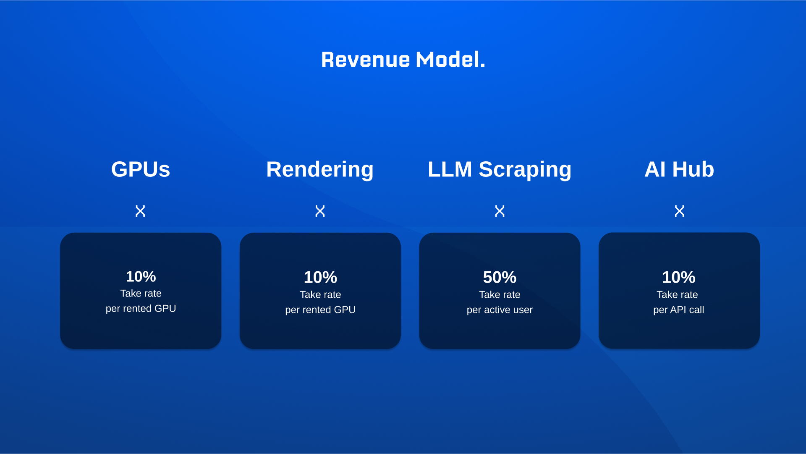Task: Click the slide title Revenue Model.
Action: [403, 60]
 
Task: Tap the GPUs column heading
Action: [141, 169]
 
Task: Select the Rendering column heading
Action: [320, 170]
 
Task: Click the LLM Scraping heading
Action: [500, 170]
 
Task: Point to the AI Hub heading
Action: [679, 169]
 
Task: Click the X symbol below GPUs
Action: [140, 211]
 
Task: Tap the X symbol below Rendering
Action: [320, 211]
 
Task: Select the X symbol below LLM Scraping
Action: [500, 211]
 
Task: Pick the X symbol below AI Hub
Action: [679, 211]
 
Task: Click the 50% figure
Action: [500, 277]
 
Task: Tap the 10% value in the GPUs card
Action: [141, 276]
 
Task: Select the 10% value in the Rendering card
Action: [320, 277]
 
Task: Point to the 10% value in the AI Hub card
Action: [679, 277]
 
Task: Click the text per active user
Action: [500, 310]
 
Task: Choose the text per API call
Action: [679, 310]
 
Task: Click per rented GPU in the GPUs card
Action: [141, 309]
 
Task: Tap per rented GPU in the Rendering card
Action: [320, 310]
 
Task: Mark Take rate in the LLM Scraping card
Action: [500, 295]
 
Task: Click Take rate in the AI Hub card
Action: [677, 295]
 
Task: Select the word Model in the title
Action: [450, 60]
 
